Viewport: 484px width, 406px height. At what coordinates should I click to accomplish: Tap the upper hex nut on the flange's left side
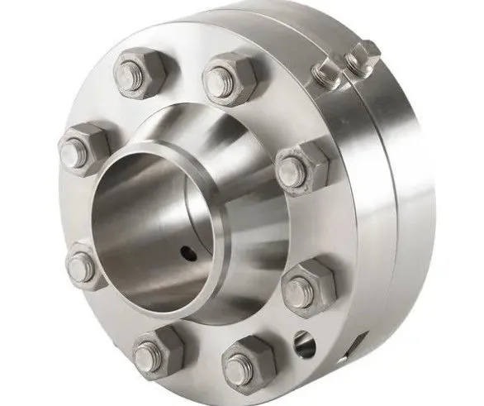(x=83, y=150)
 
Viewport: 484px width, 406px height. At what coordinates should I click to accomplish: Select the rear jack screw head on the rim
(x=361, y=56)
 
